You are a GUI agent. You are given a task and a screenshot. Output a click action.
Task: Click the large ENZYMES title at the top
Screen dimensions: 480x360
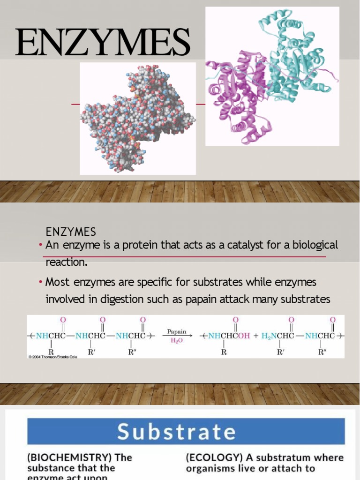pyautogui.click(x=102, y=42)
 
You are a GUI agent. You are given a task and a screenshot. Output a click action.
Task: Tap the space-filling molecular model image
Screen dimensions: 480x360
pyautogui.click(x=137, y=119)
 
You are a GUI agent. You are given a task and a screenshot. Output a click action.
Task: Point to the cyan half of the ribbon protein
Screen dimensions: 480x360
pyautogui.click(x=295, y=61)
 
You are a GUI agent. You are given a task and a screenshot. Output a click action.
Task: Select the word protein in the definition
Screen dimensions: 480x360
pyautogui.click(x=139, y=245)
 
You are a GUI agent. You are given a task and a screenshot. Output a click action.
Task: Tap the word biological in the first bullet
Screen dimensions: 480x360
pyautogui.click(x=315, y=245)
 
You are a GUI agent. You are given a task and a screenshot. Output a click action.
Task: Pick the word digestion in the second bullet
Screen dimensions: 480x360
pyautogui.click(x=112, y=299)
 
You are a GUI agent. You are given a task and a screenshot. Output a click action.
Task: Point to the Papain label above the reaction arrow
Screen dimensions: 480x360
pyautogui.click(x=177, y=331)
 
